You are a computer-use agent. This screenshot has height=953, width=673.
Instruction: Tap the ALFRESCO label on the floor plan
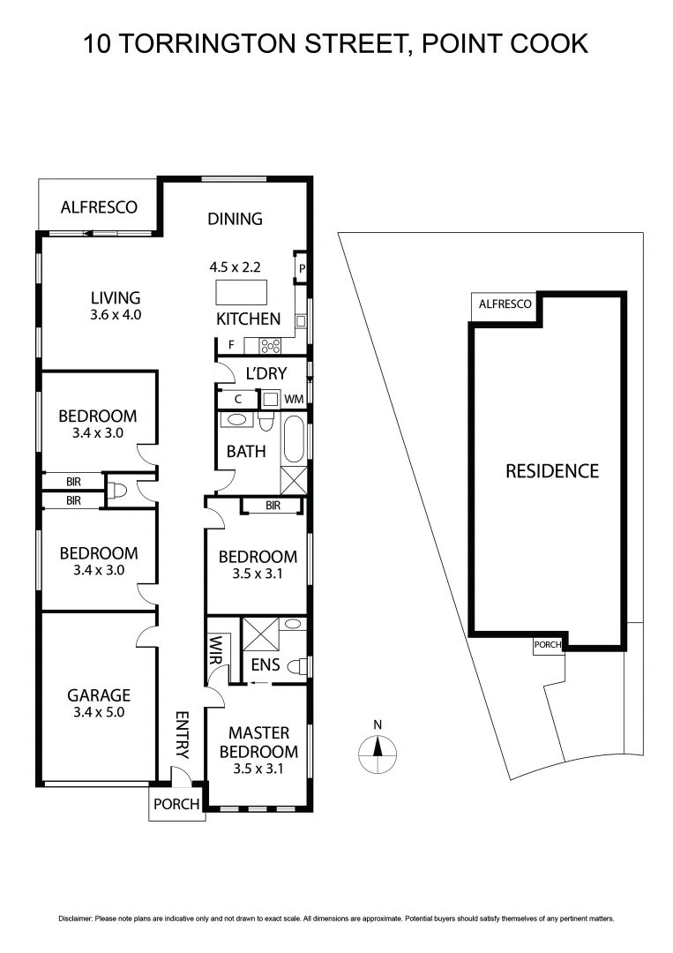(99, 207)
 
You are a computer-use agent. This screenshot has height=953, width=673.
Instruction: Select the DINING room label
(236, 219)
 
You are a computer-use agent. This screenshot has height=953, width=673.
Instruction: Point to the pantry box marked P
(302, 268)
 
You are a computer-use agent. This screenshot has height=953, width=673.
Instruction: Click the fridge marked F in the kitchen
(230, 345)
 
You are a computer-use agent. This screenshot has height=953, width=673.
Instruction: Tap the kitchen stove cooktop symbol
(269, 345)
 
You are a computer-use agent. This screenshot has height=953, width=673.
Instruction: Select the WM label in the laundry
(294, 399)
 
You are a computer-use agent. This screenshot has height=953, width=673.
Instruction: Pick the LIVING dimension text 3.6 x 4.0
(116, 314)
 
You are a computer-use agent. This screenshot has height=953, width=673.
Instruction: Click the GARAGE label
(99, 695)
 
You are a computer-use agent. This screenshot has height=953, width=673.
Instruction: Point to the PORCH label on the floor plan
(176, 804)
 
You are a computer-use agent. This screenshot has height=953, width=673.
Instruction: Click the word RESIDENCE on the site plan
(551, 471)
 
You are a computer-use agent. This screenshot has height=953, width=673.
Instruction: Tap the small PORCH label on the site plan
(547, 645)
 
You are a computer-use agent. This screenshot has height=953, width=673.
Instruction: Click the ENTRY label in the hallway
(182, 735)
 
